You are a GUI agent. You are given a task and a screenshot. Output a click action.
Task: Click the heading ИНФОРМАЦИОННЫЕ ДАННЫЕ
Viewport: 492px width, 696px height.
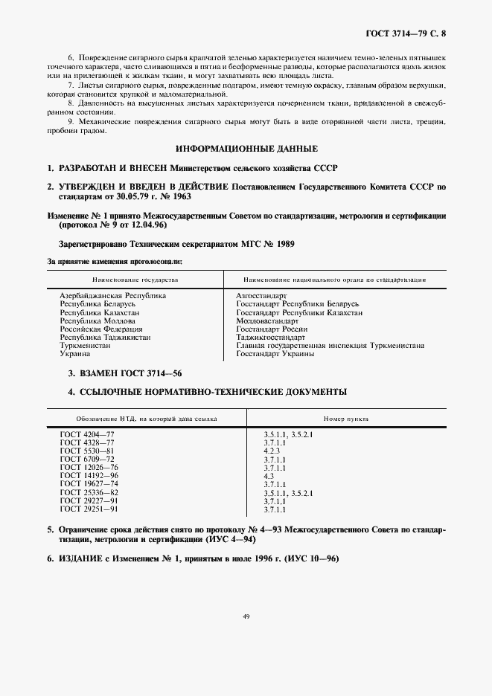click(246, 149)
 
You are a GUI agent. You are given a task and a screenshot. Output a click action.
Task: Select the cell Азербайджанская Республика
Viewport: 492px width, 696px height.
click(112, 295)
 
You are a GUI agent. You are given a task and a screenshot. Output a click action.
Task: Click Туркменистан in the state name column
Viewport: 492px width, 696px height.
click(86, 346)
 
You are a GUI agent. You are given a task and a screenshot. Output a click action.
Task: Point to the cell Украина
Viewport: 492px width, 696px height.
click(74, 354)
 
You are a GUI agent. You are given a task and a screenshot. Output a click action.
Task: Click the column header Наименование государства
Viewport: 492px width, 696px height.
click(135, 280)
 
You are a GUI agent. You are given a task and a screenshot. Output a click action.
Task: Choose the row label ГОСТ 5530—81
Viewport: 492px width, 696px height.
click(87, 451)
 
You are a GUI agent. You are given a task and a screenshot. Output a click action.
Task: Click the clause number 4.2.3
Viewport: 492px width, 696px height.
click(271, 451)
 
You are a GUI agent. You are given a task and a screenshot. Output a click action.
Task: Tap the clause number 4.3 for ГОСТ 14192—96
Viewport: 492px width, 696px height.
click(269, 476)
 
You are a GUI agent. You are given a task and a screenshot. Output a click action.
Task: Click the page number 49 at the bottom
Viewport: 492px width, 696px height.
click(246, 616)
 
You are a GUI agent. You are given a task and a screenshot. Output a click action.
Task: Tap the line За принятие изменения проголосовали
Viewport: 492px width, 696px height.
click(115, 262)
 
